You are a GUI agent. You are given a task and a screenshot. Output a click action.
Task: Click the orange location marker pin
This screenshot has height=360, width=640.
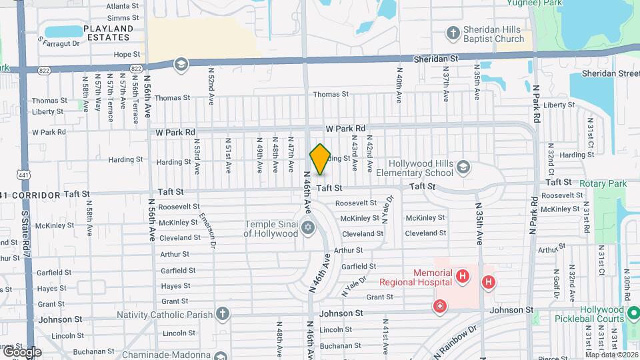(x=320, y=159)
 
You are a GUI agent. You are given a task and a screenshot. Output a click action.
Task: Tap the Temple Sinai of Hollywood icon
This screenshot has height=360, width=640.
(x=308, y=229)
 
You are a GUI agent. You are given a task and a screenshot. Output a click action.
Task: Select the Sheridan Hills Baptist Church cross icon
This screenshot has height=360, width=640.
(x=453, y=33)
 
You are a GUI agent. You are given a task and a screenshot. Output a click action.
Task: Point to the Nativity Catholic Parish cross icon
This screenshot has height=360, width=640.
(x=222, y=314)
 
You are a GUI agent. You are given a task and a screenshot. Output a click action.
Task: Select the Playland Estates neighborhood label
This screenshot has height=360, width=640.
(x=108, y=33)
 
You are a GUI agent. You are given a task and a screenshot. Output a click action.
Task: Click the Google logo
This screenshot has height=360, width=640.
(x=22, y=352)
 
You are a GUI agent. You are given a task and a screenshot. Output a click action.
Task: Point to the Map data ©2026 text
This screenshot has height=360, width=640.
(x=611, y=355)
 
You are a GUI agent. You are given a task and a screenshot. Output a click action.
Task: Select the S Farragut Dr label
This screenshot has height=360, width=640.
(x=59, y=43)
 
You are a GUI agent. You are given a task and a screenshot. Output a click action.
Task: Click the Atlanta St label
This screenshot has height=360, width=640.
(x=123, y=5)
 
